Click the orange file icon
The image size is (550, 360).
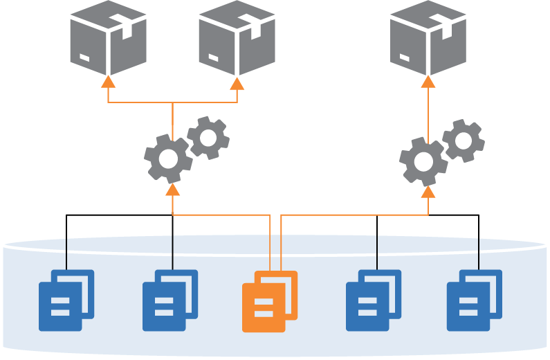click(x=269, y=301)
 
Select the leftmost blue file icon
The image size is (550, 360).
click(x=66, y=300)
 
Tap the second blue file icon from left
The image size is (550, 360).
click(x=169, y=300)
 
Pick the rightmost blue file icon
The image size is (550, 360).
click(x=474, y=300)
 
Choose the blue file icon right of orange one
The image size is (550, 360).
click(x=373, y=300)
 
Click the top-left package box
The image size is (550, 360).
click(x=108, y=37)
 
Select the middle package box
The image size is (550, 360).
click(x=237, y=37)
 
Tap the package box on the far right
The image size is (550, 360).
click(x=428, y=37)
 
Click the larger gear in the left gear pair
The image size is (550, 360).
click(x=168, y=159)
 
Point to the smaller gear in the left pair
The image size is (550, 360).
click(x=208, y=138)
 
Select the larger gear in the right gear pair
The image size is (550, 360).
click(x=423, y=161)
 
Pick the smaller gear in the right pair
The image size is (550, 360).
click(x=464, y=141)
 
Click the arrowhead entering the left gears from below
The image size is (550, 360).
click(x=173, y=189)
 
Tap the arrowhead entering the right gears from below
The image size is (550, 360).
click(x=428, y=191)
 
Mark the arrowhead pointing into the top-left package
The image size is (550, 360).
click(x=109, y=82)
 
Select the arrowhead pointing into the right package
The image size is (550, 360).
click(x=428, y=82)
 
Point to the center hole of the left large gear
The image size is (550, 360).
click(x=168, y=159)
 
